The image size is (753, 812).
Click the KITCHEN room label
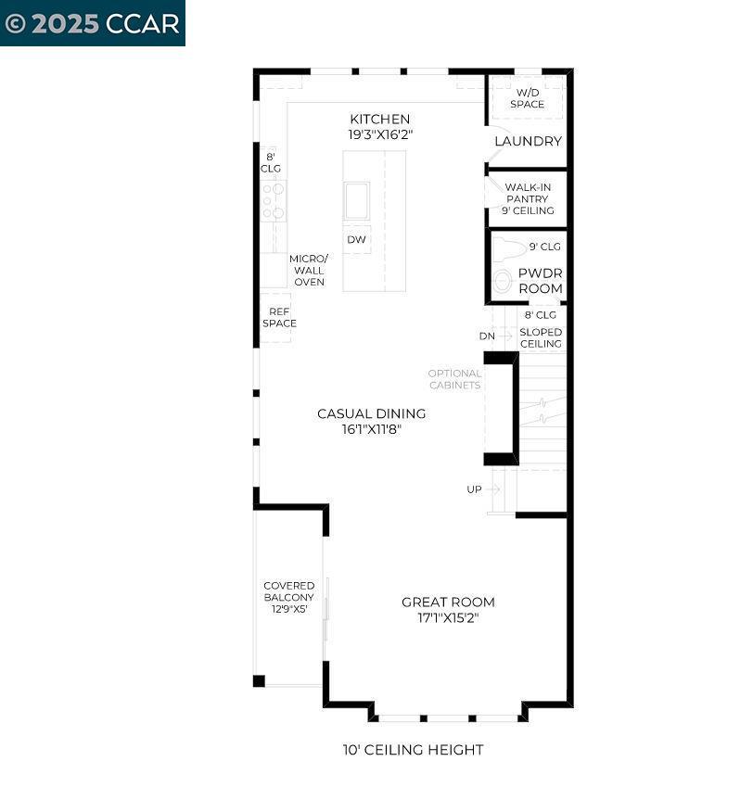tap(379, 119)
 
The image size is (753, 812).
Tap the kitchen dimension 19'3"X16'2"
tap(379, 134)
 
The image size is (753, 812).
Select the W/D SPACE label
tap(527, 98)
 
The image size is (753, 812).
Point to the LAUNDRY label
tap(528, 141)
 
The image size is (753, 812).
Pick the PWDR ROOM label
tap(540, 281)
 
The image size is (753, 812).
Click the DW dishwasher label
tap(356, 240)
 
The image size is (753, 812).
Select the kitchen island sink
tap(356, 201)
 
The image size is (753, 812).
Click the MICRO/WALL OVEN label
tap(309, 270)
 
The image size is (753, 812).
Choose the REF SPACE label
tap(279, 318)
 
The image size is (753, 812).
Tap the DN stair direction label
tap(487, 336)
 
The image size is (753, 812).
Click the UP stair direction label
tap(474, 488)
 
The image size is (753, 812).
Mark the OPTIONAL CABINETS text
tap(454, 379)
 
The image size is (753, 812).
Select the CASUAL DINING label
tap(371, 413)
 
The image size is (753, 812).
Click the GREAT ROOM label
tap(448, 602)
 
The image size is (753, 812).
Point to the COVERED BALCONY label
tap(288, 591)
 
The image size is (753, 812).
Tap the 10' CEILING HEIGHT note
tap(413, 749)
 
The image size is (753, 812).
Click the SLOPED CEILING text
tap(540, 337)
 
